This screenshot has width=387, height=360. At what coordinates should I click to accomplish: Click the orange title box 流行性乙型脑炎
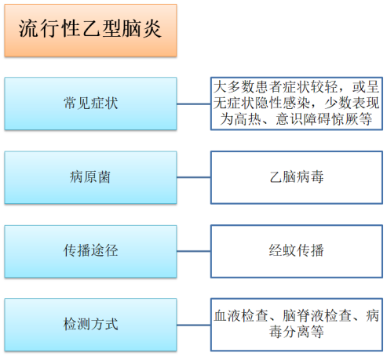(90, 31)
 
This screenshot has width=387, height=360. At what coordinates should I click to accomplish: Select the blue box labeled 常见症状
(90, 104)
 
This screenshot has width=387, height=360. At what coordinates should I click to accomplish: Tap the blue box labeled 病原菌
(90, 177)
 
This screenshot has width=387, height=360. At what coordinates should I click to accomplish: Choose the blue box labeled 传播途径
(90, 251)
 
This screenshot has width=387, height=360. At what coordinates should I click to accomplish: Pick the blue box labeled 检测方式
(90, 325)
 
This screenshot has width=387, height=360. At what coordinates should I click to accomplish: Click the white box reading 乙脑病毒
(297, 177)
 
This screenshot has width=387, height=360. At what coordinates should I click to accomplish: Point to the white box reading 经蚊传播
(297, 251)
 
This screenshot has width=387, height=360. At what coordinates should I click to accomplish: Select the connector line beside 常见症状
(194, 104)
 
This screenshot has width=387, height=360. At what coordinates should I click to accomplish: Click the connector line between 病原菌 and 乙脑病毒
(194, 177)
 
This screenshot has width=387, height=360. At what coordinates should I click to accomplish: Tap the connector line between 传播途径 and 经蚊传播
(194, 251)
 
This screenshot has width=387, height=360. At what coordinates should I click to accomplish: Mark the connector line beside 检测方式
(194, 325)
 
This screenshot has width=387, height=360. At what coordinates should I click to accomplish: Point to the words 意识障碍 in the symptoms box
(303, 119)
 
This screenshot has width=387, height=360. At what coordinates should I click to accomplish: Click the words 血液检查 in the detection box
(241, 315)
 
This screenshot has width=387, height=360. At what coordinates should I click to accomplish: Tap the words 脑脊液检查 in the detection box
(317, 315)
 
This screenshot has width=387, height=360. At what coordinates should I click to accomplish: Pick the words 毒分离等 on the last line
(297, 332)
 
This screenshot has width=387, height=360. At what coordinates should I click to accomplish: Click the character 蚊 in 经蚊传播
(290, 250)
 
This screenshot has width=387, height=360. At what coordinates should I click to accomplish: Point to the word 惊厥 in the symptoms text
(345, 119)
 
